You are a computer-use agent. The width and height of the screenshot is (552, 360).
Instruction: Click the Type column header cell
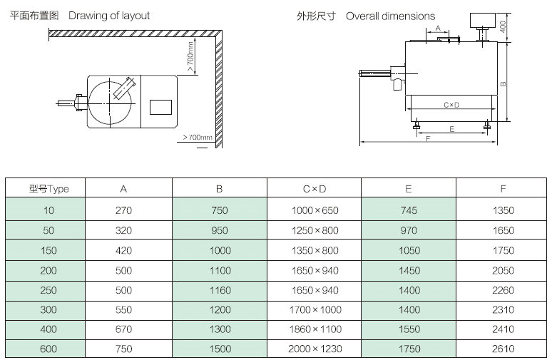click(x=48, y=189)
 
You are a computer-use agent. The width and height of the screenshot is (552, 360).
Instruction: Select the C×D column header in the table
click(x=314, y=189)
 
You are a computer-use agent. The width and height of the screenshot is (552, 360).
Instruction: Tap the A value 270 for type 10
click(x=123, y=210)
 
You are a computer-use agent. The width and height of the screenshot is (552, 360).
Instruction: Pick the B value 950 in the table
click(x=220, y=230)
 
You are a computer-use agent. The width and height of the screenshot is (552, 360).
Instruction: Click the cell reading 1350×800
click(x=315, y=250)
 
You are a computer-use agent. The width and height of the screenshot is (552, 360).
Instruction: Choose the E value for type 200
click(x=408, y=270)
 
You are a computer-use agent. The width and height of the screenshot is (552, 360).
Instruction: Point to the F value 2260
click(x=503, y=290)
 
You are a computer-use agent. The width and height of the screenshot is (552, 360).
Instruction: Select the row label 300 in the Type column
click(x=48, y=309)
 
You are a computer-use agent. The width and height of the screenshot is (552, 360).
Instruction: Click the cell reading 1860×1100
click(x=315, y=329)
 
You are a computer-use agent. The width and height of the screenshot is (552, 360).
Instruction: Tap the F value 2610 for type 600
click(x=503, y=349)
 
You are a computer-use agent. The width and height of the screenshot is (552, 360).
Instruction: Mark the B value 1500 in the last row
click(x=220, y=349)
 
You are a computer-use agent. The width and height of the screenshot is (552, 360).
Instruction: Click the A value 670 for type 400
click(x=123, y=329)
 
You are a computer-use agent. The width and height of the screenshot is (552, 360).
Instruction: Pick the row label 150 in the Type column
click(x=48, y=250)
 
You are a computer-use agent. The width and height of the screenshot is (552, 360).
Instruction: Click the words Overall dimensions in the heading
click(x=390, y=16)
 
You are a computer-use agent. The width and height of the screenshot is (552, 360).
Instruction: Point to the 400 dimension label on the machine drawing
click(x=503, y=26)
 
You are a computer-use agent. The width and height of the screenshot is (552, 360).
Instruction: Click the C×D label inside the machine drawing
click(x=451, y=106)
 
